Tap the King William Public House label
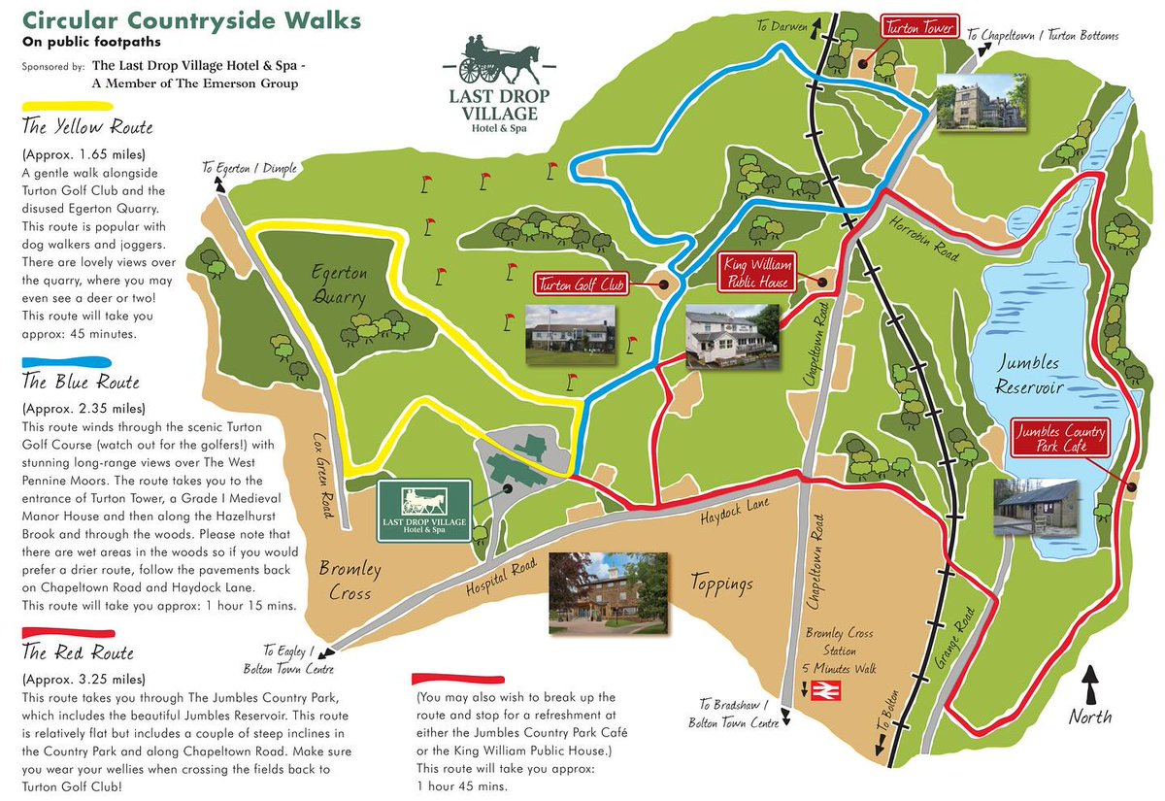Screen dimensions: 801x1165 757,273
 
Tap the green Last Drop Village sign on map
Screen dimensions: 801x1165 424,509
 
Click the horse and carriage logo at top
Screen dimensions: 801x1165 498,60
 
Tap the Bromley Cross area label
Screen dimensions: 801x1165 349,579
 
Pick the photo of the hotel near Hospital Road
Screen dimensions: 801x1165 608,594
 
